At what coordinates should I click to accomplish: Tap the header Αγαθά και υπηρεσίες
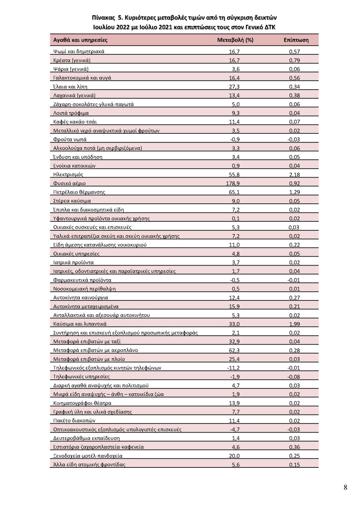click(x=80, y=40)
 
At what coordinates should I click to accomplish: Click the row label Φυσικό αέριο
click(x=70, y=183)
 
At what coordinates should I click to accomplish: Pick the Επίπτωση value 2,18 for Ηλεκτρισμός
click(x=294, y=174)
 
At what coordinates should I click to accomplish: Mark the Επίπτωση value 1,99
click(x=294, y=324)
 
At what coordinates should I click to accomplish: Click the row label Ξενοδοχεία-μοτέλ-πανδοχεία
click(x=88, y=456)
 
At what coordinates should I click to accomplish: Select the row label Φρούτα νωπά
click(x=70, y=140)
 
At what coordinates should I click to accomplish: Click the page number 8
click(x=345, y=487)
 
